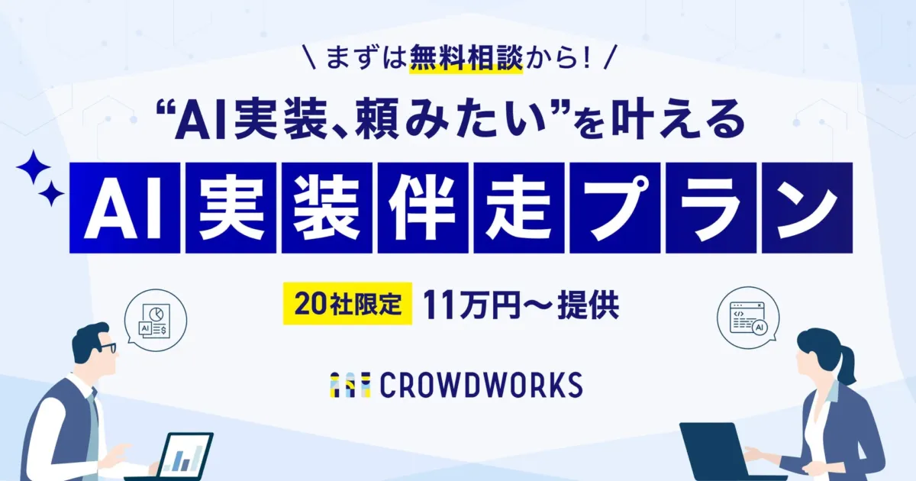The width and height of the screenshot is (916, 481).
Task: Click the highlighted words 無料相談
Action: (466, 59)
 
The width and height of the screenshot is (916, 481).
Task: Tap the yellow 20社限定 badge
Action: (347, 304)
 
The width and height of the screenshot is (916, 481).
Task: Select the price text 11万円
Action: (471, 305)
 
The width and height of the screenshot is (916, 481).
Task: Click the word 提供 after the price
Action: (588, 305)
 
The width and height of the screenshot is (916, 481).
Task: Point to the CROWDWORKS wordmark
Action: (481, 385)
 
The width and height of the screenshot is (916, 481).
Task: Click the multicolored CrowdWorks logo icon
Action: (350, 385)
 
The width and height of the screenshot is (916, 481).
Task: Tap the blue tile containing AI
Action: (124, 208)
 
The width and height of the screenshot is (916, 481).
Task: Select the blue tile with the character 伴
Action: (423, 208)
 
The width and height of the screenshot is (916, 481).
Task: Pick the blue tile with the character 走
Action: (519, 208)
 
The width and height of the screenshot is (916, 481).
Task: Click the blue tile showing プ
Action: (615, 208)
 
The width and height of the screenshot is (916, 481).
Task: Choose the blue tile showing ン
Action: (808, 208)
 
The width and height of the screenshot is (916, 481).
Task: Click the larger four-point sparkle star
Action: (34, 167)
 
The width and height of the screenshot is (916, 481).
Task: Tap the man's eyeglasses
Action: (107, 348)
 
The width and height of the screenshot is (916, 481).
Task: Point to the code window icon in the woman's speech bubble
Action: (748, 318)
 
